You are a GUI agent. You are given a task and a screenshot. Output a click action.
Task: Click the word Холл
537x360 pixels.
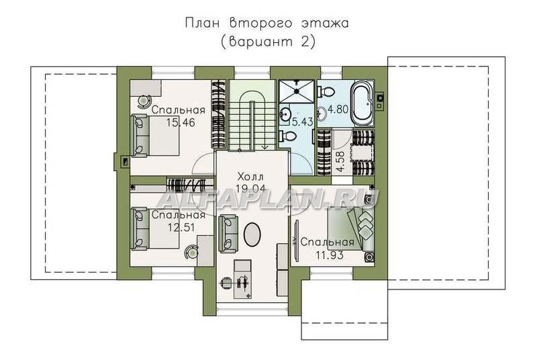[250, 177]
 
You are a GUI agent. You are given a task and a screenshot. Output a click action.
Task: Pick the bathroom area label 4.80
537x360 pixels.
[338, 109]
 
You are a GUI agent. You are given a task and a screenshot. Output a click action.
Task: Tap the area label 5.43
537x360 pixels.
[302, 122]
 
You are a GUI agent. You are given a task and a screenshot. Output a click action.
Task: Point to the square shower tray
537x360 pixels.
[296, 91]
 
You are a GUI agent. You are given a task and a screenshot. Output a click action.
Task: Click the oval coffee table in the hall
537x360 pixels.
[252, 234]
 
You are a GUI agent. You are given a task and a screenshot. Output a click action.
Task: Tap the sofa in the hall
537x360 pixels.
[228, 233]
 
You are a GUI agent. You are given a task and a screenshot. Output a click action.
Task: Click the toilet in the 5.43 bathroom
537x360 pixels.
[287, 136]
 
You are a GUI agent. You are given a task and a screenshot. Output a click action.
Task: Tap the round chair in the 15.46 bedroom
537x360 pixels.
[145, 101]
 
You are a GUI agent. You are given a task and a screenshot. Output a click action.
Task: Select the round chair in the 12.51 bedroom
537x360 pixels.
[191, 252]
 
